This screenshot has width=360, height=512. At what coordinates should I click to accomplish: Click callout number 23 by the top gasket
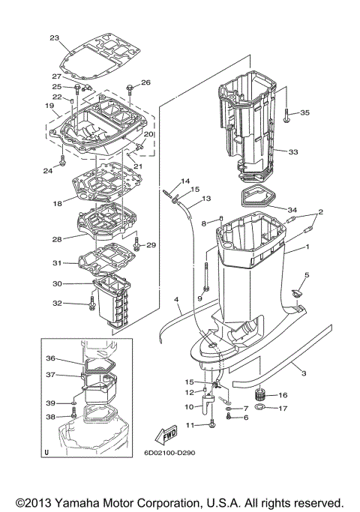click(54, 38)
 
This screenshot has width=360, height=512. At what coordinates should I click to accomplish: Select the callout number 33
click(293, 152)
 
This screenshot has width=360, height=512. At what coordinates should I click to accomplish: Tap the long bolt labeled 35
click(287, 113)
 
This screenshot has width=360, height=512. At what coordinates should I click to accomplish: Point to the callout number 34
click(292, 209)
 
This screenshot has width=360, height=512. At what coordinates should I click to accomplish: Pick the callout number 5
click(307, 276)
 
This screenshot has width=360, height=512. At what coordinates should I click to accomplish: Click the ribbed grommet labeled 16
click(263, 394)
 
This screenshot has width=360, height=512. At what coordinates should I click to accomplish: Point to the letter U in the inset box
click(46, 453)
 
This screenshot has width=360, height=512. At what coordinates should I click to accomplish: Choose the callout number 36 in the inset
click(51, 358)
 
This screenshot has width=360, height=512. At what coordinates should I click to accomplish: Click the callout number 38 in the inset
click(51, 417)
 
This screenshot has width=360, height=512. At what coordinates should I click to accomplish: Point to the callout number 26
click(145, 82)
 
